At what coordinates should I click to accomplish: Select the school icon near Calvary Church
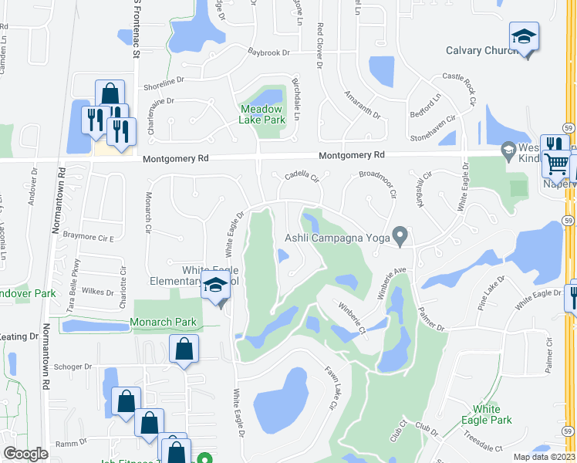[x=524, y=37]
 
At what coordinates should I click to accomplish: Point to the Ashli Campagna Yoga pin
[x=400, y=235]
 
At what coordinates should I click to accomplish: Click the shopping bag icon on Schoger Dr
[x=184, y=350]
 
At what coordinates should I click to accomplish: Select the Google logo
[x=25, y=454]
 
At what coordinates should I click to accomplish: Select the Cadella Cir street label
[x=302, y=176]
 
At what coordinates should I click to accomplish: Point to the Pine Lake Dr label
[x=491, y=294]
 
